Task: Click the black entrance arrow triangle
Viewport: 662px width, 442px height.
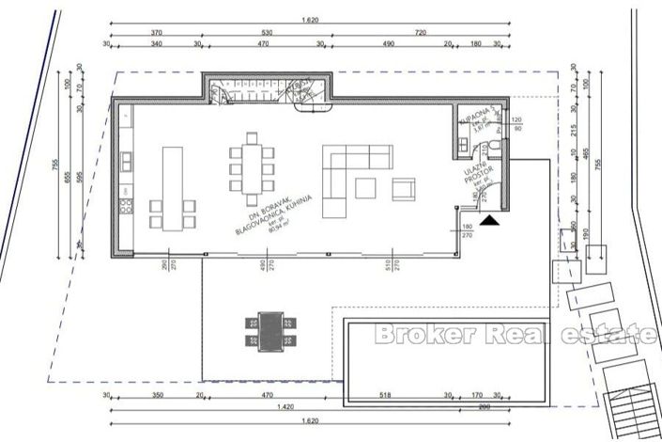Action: click(x=490, y=220)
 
